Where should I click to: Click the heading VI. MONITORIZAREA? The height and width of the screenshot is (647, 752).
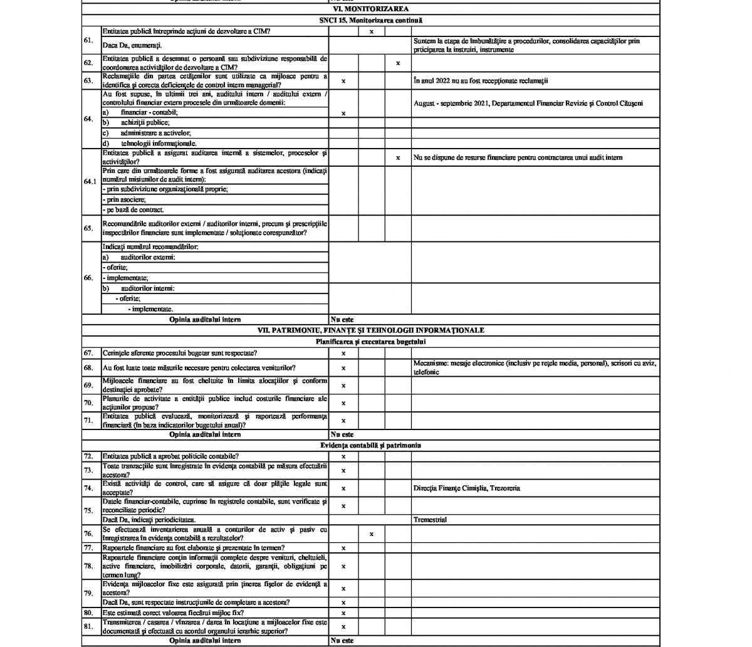click(x=370, y=9)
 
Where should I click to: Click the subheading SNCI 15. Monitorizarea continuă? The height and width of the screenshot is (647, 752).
click(x=370, y=21)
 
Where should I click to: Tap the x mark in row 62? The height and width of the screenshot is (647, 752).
click(x=398, y=63)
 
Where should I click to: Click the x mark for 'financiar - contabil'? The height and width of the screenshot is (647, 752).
click(x=343, y=113)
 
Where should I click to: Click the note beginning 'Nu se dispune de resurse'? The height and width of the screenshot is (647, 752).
click(x=518, y=158)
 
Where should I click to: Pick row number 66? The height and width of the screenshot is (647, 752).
click(x=88, y=278)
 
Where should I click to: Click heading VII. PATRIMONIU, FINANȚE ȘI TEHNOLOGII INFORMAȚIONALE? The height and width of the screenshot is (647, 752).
click(x=370, y=330)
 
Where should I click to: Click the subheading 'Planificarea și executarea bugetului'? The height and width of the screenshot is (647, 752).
click(x=370, y=342)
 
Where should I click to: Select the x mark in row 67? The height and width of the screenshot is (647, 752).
click(x=343, y=354)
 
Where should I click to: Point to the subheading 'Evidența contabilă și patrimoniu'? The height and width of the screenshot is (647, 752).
click(x=370, y=445)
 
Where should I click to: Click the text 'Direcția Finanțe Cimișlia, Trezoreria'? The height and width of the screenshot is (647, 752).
click(x=466, y=488)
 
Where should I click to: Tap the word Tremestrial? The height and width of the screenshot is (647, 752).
click(x=430, y=520)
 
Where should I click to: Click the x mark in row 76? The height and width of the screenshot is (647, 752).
click(x=372, y=534)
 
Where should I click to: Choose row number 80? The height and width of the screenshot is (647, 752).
click(x=88, y=613)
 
